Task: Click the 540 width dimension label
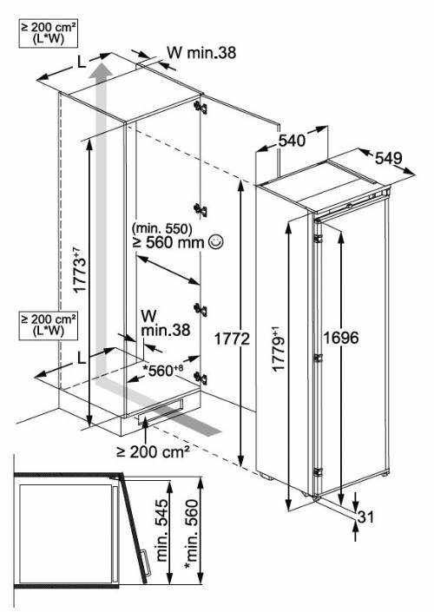coord(291,141)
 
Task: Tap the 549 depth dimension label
coord(389,158)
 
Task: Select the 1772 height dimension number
coord(232,339)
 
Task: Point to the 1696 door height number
coord(341,338)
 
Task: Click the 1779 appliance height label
coord(279,350)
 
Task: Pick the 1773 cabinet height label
coord(79,270)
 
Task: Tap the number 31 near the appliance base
coord(365,517)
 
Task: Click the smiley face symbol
coord(216,242)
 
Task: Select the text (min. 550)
coord(162,228)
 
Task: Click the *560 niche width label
coord(162,370)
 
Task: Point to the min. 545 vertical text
coord(161,530)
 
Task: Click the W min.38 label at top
coord(201,53)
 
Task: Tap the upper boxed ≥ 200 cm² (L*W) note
coord(49,34)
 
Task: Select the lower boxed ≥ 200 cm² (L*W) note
coord(49,326)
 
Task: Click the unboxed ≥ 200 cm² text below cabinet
coord(153,452)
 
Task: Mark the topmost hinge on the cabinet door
coord(201,107)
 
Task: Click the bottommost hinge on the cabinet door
coord(201,378)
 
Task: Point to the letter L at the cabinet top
coord(82,62)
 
